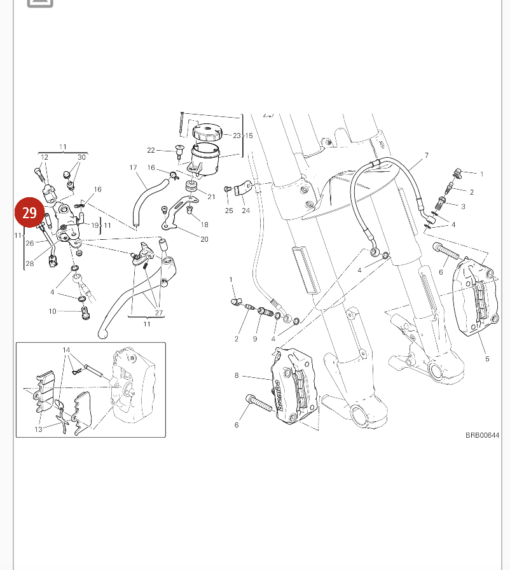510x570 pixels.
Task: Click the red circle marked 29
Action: point(30,212)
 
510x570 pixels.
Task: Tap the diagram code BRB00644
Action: point(482,435)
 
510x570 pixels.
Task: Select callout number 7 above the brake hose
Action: point(427,155)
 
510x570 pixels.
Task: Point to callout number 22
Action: point(151,150)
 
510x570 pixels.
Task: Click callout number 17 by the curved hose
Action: point(134,168)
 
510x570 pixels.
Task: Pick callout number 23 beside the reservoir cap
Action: point(236,136)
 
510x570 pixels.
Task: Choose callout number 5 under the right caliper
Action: point(487,359)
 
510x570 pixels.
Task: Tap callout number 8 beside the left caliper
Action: point(237,375)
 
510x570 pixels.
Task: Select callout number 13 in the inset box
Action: point(38,429)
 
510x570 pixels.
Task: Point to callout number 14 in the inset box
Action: point(66,351)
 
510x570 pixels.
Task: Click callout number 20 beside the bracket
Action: point(204,239)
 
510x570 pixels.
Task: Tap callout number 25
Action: point(229,211)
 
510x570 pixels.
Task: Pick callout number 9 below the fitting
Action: point(254,339)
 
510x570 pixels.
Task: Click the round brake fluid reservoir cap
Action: point(207,134)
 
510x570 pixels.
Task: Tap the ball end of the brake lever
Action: point(102,333)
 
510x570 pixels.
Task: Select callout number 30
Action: point(81,158)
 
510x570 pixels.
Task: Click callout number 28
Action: point(29,263)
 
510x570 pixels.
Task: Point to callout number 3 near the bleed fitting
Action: point(481,206)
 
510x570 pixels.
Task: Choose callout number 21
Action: point(212,197)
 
